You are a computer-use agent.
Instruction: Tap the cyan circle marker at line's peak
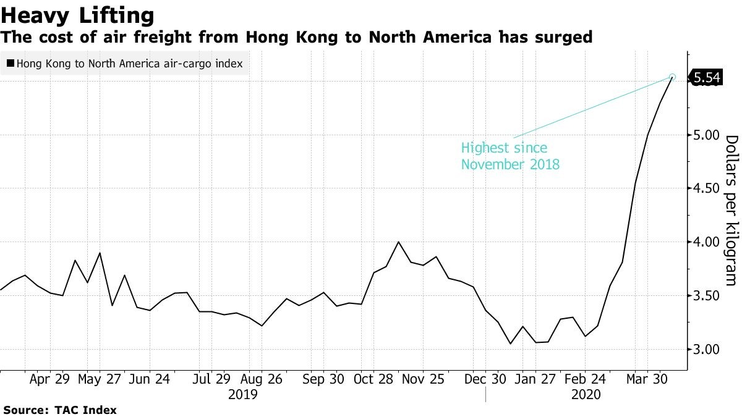673,77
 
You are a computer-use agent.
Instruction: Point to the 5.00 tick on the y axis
707,135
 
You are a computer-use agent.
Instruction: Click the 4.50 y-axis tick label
707,188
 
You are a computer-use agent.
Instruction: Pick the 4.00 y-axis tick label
707,242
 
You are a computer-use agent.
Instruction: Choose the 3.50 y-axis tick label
707,296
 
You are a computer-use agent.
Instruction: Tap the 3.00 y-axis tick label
707,350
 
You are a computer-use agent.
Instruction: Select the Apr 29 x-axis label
49,379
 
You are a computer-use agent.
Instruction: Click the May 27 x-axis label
99,379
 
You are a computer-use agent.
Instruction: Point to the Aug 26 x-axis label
262,379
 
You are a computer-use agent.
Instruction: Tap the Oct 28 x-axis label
374,379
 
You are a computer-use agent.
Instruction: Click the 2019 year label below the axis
242,394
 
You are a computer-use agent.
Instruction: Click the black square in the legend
11,63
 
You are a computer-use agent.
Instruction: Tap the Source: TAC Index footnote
60,410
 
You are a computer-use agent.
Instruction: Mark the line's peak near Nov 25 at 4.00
398,242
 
